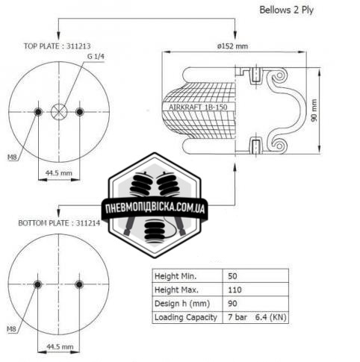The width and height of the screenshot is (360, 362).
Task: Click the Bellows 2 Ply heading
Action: (286, 10)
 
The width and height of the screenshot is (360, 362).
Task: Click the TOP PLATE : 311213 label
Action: (57, 46)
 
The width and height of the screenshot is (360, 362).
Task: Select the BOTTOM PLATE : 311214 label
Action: (59, 223)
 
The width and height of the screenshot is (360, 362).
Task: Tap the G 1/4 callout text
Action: (96, 57)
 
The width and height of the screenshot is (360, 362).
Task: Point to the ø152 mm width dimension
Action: (232, 46)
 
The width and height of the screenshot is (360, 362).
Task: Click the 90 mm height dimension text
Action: (314, 110)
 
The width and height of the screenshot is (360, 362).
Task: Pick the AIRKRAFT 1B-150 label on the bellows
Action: (198, 107)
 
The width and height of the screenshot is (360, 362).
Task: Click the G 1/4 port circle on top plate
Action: (59, 112)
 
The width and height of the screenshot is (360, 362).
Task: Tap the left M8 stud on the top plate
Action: (38, 112)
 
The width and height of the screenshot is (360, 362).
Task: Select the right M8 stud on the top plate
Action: (80, 112)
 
